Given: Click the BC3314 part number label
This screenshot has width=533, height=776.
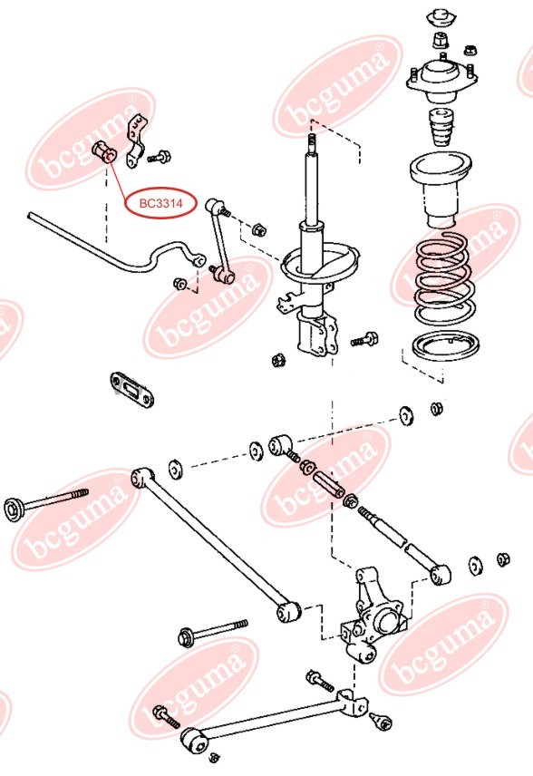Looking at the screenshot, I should (160, 204).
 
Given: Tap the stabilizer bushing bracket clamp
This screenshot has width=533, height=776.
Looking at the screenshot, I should (136, 141).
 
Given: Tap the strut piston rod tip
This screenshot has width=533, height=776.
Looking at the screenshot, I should (312, 141).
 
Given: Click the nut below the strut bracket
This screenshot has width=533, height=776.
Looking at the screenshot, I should (278, 361).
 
